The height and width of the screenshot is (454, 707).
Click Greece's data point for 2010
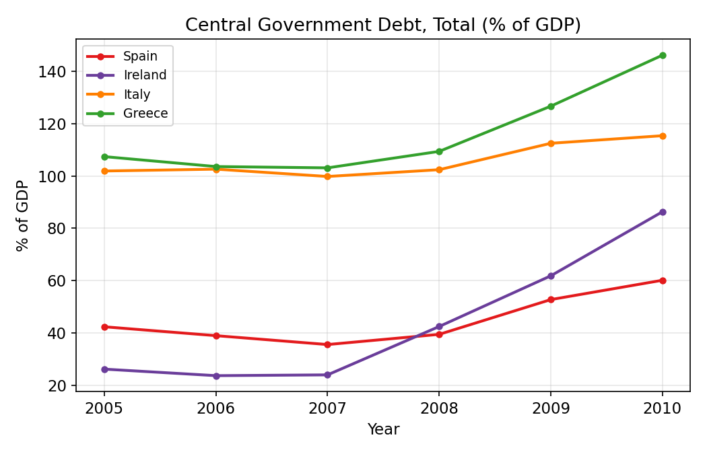(663, 55)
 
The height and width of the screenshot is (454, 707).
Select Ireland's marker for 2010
(663, 212)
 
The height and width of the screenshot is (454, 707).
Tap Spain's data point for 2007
(327, 344)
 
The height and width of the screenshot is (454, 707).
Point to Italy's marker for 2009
(551, 143)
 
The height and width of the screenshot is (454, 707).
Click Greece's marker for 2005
(104, 157)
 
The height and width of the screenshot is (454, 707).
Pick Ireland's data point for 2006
(216, 375)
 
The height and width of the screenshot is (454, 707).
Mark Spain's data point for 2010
(663, 280)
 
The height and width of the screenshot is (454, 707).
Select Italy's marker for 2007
(327, 176)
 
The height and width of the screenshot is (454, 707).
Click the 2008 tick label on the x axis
(439, 408)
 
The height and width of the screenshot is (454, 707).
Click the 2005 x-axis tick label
(104, 408)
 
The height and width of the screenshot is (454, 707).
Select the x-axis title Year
(383, 429)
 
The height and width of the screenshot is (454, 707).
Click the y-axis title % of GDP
(23, 215)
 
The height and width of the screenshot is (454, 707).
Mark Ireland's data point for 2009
(551, 276)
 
